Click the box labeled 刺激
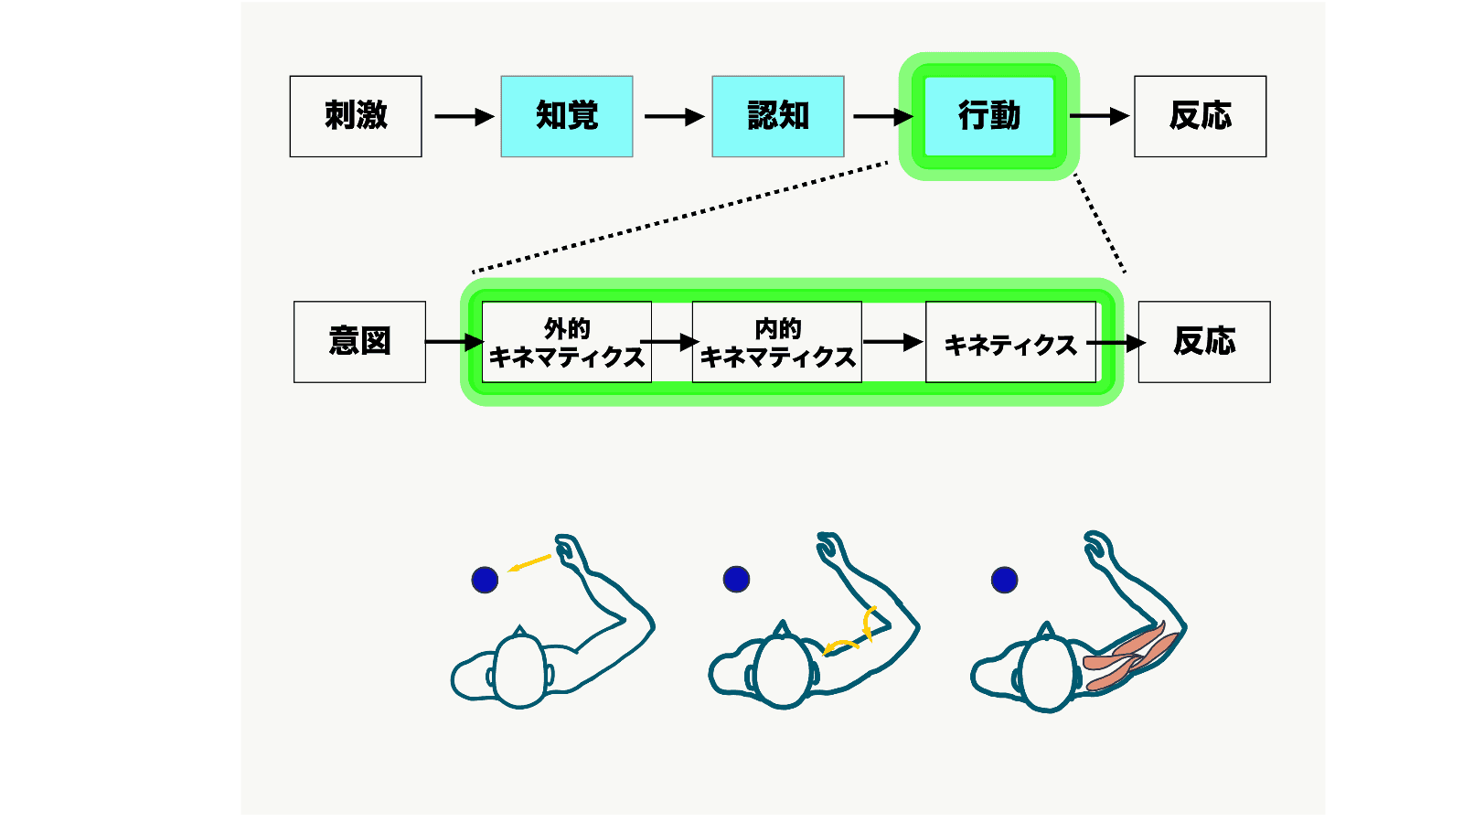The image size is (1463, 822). tap(356, 116)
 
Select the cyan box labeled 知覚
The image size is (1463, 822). tap(567, 116)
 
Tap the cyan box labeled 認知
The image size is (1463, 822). tap(778, 116)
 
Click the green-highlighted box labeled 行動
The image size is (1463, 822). tap(989, 116)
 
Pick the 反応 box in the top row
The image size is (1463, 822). tap(1201, 116)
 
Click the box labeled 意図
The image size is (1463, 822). tap(359, 342)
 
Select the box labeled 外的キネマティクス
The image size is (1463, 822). tap(567, 342)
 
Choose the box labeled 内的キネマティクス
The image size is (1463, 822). tap(777, 342)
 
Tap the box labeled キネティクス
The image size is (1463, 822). tap(1010, 342)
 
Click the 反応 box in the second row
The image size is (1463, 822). tap(1204, 342)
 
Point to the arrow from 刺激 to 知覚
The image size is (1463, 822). tap(464, 117)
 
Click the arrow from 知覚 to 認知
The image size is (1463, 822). tap(674, 117)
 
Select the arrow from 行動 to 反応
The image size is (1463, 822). tap(1099, 116)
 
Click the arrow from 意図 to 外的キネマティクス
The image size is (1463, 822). tap(454, 342)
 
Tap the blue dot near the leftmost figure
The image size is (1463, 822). tap(485, 580)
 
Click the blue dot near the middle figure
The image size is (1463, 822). tap(736, 579)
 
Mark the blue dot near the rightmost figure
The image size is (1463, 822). tap(1004, 580)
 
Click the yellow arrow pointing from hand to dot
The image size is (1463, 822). tap(529, 563)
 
